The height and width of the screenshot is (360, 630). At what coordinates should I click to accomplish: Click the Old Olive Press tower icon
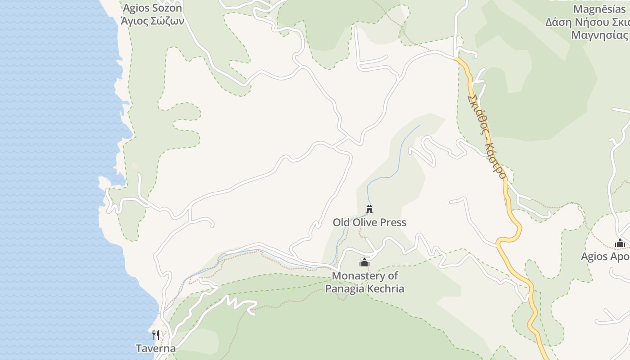pos(369,209)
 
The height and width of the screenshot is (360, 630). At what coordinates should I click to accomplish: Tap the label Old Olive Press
pos(369,222)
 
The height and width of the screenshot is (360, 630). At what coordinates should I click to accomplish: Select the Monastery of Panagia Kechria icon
pos(364,262)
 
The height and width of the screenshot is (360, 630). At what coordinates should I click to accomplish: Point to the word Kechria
pos(386,288)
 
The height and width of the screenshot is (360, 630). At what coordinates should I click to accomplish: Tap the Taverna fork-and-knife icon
pos(156,335)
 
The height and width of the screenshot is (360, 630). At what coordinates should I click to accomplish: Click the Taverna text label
pos(156,348)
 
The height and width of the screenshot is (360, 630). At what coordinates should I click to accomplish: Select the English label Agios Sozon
pos(152,8)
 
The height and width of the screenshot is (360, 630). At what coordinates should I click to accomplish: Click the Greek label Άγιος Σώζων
pos(152,21)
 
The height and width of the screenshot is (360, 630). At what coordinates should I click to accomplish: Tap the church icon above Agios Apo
pos(620,243)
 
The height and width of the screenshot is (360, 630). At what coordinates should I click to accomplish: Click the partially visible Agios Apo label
pos(605,256)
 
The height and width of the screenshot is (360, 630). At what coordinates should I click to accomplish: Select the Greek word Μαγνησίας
pos(599,35)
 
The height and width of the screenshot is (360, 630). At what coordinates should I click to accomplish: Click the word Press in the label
pos(394,222)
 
